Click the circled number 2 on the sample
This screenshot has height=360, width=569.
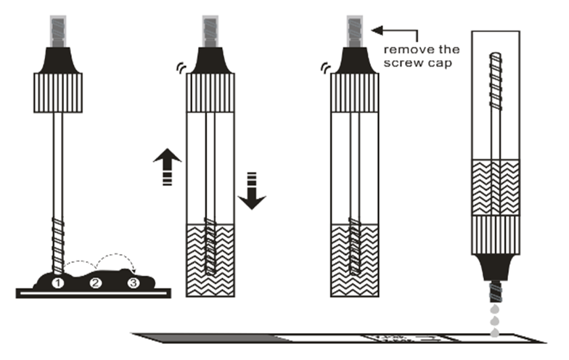click(94, 282)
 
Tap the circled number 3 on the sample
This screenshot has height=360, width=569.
click(132, 282)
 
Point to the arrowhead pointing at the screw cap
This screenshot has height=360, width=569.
click(377, 30)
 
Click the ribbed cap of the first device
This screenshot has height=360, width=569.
click(57, 92)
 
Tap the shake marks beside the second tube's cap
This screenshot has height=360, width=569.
click(179, 68)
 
